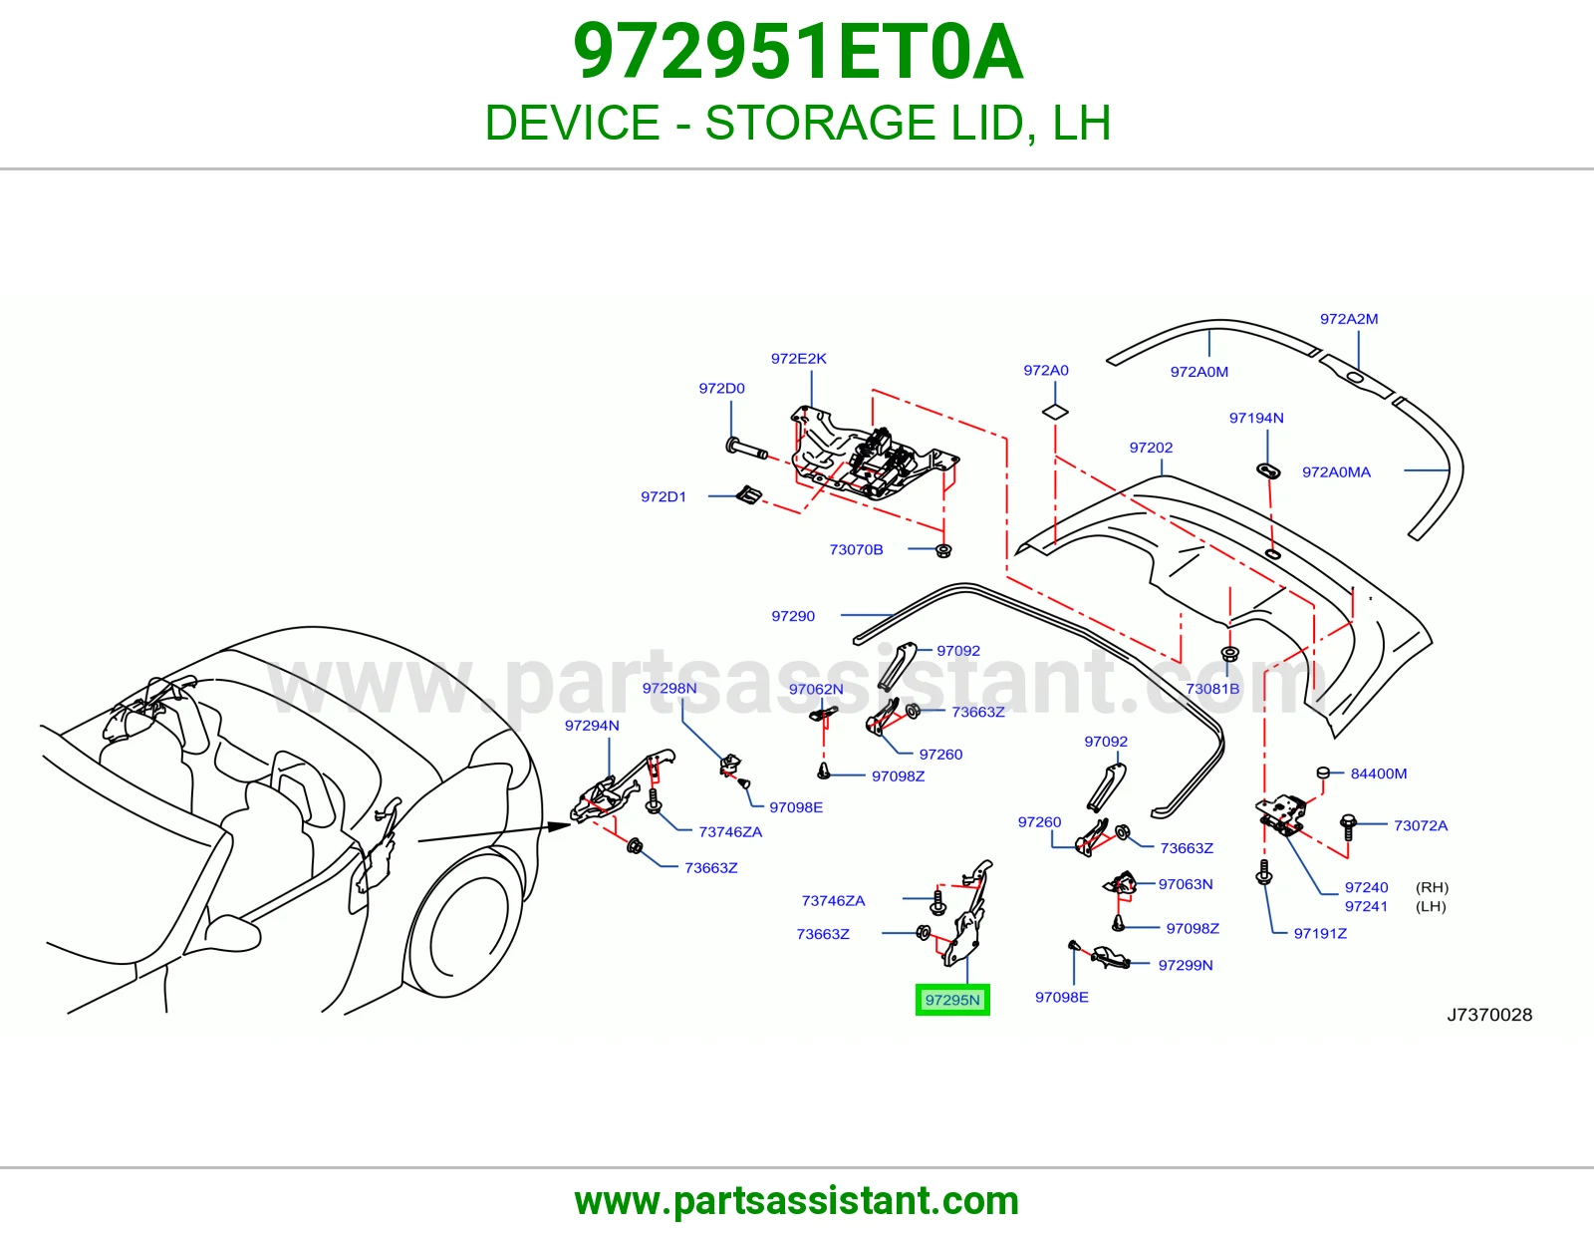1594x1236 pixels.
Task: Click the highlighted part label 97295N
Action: click(952, 1000)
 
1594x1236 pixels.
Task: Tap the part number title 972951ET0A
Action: click(797, 52)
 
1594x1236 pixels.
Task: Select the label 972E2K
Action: click(798, 358)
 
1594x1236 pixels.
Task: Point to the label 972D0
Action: click(721, 388)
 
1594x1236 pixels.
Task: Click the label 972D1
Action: click(664, 496)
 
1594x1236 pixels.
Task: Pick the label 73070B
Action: click(856, 549)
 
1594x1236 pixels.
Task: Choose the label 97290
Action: click(793, 616)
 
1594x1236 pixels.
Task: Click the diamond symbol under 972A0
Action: click(1055, 412)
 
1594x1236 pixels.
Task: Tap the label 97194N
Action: click(1256, 418)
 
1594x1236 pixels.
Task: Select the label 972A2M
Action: click(1349, 319)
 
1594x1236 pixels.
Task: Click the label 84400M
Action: click(1379, 772)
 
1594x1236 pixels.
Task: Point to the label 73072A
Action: click(1421, 825)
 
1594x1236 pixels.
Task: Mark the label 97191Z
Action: click(1320, 933)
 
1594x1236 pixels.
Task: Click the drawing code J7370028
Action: click(1489, 1015)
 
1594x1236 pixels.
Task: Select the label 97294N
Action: click(592, 726)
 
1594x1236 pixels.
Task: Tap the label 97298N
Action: click(669, 688)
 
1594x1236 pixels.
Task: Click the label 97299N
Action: click(1186, 965)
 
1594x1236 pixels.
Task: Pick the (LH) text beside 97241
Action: click(1431, 906)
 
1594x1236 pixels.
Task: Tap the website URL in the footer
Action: click(797, 1201)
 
